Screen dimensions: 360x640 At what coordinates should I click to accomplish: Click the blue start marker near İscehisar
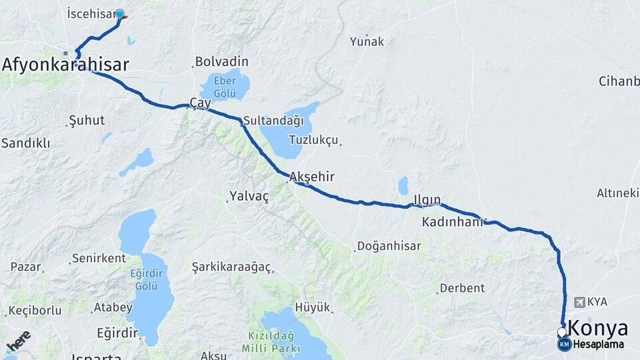point(120,13)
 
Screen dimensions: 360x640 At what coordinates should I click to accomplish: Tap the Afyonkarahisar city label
point(65,64)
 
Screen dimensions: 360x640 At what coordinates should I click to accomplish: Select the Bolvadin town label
point(221,62)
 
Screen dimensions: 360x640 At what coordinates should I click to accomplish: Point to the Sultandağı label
point(273,121)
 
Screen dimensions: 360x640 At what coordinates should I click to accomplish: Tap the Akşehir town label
point(312,177)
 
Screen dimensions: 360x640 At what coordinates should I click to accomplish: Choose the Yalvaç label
point(249,196)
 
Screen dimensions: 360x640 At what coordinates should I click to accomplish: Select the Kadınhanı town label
point(452,222)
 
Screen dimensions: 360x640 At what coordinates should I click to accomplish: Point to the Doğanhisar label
point(389,246)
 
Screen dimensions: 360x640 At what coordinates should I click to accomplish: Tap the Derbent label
point(461,289)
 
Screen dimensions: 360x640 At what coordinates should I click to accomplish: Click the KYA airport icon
point(578,302)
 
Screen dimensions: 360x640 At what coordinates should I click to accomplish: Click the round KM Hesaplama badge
point(565,345)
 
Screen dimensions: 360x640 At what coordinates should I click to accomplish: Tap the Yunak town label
point(367,41)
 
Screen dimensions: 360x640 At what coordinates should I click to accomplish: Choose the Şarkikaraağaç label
point(231,267)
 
